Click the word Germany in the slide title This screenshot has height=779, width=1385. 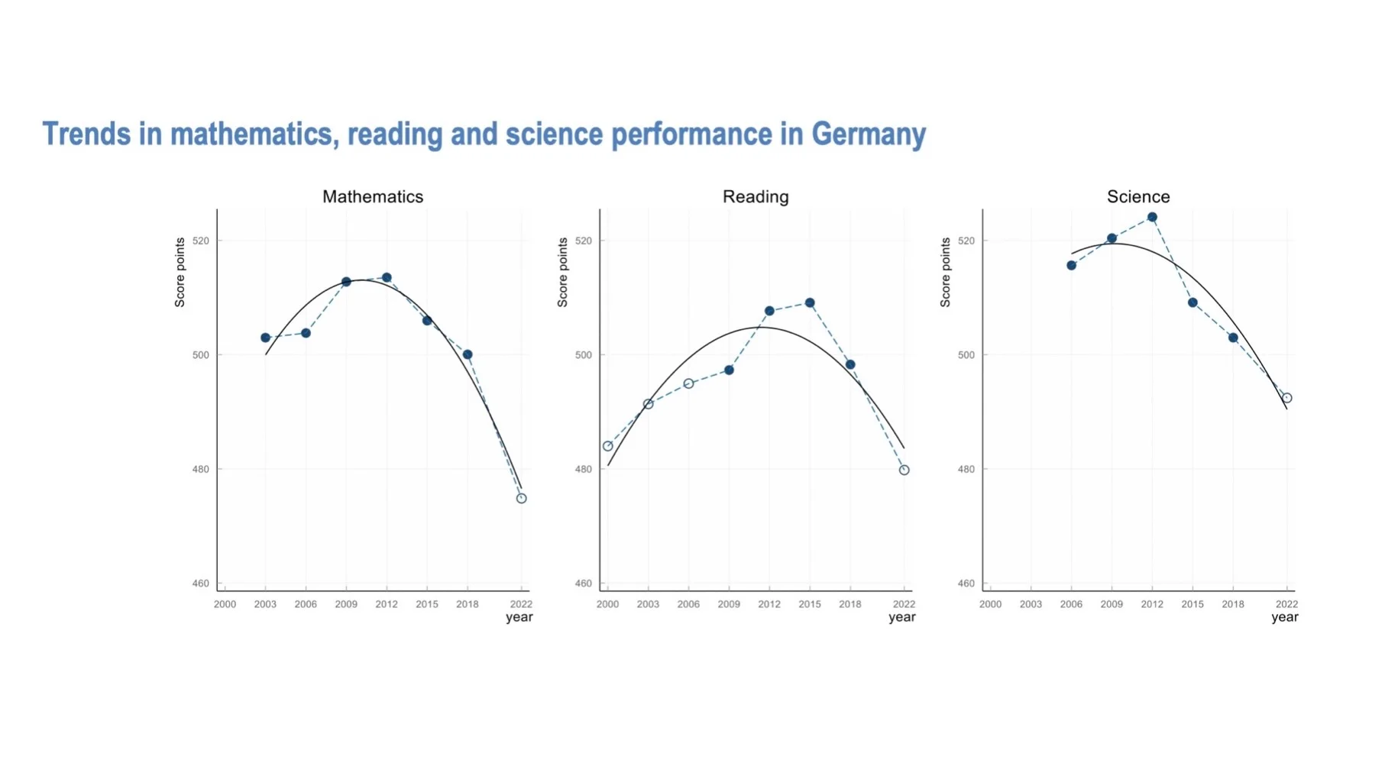pos(869,134)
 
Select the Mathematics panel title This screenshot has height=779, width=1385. pos(373,196)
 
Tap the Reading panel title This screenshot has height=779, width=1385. pos(756,196)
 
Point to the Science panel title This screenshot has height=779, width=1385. pos(1138,196)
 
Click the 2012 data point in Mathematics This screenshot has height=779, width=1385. pos(387,278)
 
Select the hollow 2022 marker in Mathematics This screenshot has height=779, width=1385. pos(522,499)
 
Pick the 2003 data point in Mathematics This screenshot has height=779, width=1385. pos(265,338)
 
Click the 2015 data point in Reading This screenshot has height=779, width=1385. pos(810,303)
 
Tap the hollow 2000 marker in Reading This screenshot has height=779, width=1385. pos(608,446)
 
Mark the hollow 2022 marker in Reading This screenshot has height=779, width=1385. pos(904,470)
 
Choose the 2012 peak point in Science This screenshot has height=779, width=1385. pos(1152,218)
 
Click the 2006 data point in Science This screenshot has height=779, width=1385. pos(1071,266)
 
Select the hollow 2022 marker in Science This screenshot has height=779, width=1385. pos(1287,398)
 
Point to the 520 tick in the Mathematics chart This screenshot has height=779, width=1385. pos(201,241)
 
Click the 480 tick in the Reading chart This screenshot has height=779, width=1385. pos(584,470)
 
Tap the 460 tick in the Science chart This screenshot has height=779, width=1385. pos(966,583)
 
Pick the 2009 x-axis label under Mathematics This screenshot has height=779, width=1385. pos(346,604)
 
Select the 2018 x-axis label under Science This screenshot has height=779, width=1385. pos(1233,604)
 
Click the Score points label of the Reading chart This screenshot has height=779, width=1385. pos(563,273)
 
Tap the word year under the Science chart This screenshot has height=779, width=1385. pos(1285,617)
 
